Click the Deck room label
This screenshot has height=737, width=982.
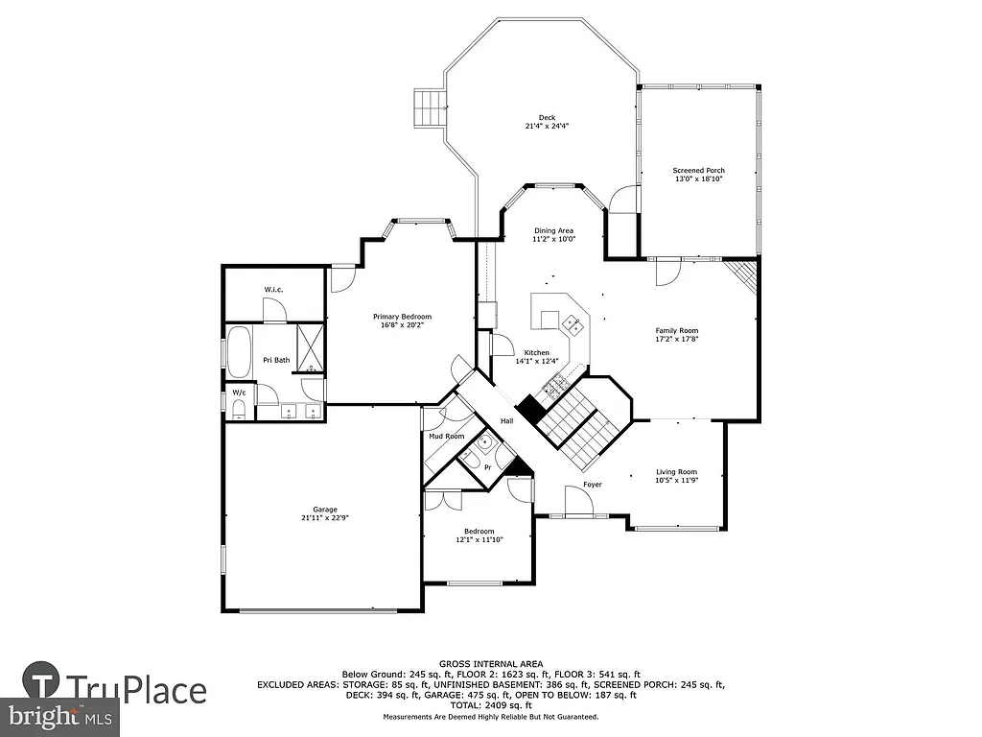[x=546, y=117]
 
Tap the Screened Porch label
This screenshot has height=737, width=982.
[x=698, y=170]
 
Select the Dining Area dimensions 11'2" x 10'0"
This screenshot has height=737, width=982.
[x=553, y=240]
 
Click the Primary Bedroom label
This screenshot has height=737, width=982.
[x=402, y=317]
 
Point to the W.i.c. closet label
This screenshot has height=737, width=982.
[x=273, y=290]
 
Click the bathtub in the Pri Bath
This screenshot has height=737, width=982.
[x=239, y=351]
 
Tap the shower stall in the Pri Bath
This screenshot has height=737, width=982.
[x=310, y=347]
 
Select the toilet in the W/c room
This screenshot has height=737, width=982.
[x=239, y=410]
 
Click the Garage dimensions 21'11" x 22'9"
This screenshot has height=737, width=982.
[x=324, y=519]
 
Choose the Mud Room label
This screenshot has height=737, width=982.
[x=446, y=436]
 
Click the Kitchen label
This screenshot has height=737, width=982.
[x=536, y=352]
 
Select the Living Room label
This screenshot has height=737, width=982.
[x=676, y=471]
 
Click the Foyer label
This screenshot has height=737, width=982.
[x=593, y=485]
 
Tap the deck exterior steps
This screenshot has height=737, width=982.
[x=427, y=107]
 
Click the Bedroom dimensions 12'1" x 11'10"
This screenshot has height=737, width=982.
[x=479, y=540]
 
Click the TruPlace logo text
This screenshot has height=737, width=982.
[x=136, y=690]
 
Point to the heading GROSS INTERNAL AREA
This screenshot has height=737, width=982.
[x=491, y=664]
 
